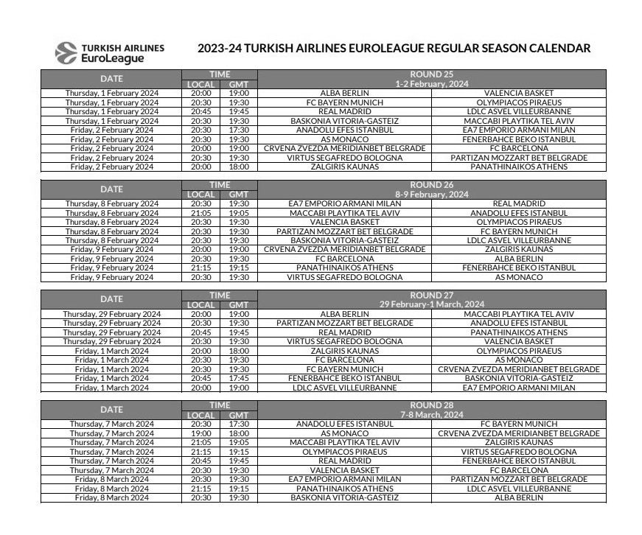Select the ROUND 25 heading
click(x=431, y=74)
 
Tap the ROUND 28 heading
click(x=431, y=405)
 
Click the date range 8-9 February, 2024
click(x=431, y=195)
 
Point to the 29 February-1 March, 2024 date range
click(x=431, y=304)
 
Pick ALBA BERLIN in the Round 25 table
click(x=344, y=93)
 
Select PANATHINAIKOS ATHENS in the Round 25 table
click(x=519, y=167)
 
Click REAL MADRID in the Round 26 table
click(x=519, y=203)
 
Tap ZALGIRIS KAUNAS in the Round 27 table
click(x=344, y=351)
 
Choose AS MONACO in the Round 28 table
click(x=344, y=433)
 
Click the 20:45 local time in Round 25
click(x=201, y=111)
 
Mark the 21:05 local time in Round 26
click(x=201, y=213)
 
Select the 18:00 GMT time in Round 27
click(x=238, y=351)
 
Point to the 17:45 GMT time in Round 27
click(x=238, y=378)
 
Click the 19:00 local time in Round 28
click(x=201, y=433)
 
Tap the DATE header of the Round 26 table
click(x=111, y=189)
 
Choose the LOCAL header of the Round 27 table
click(x=201, y=304)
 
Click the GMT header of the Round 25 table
click(x=238, y=84)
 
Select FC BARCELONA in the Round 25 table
click(x=519, y=148)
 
